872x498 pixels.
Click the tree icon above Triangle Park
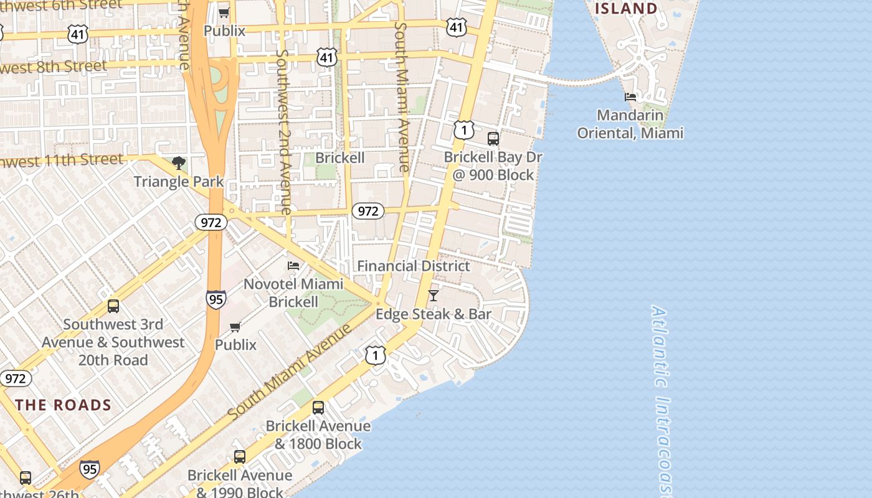click(179, 163)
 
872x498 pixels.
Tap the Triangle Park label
click(179, 182)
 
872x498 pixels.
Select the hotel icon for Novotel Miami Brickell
click(293, 266)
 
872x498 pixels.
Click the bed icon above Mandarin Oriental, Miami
click(630, 97)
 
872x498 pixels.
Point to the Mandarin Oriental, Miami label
click(630, 124)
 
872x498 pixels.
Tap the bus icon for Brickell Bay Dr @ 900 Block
click(493, 139)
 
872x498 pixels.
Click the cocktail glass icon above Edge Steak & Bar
click(434, 296)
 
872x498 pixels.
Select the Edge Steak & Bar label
click(434, 314)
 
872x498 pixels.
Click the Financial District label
click(414, 266)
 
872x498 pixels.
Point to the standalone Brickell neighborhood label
click(340, 157)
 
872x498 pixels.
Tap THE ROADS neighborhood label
click(64, 405)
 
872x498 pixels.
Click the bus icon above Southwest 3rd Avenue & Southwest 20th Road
click(113, 306)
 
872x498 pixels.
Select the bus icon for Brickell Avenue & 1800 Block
click(318, 408)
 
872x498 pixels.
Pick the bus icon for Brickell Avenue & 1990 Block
click(240, 457)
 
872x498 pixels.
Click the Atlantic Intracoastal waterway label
click(661, 398)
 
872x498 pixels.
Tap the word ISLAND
click(626, 9)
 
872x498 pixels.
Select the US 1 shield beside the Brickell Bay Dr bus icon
click(463, 129)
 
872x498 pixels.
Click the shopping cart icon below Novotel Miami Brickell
click(235, 327)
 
